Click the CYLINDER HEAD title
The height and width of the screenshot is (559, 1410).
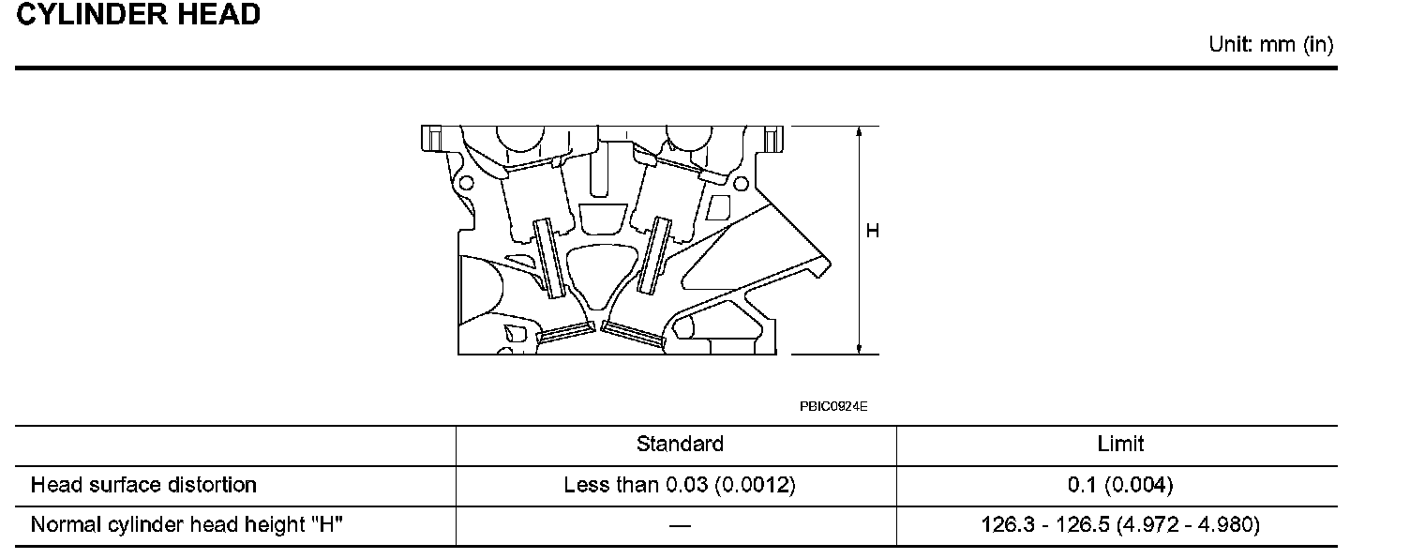point(139,14)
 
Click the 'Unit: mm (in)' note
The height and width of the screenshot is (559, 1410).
point(1271,45)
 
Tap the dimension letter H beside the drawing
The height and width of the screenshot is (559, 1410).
point(873,231)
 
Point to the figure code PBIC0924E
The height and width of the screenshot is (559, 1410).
point(833,407)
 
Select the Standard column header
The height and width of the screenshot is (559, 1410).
point(680,444)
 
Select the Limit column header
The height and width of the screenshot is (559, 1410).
point(1120,444)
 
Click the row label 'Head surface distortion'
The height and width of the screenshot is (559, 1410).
point(143,485)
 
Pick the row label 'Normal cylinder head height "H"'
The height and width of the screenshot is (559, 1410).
point(187,524)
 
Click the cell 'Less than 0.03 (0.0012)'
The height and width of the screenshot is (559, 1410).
point(680,485)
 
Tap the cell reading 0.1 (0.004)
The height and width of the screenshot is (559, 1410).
point(1120,485)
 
